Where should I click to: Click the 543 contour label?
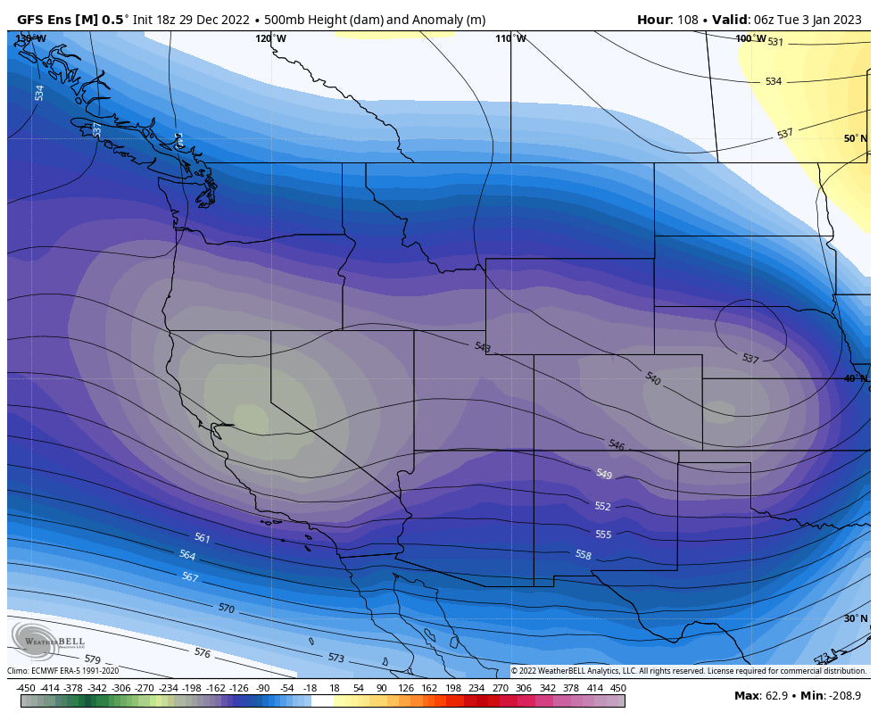(x=483, y=346)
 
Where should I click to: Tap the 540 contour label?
(x=653, y=378)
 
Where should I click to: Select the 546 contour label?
(x=616, y=444)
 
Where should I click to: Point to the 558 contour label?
(x=583, y=554)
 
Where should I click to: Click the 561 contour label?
(x=203, y=538)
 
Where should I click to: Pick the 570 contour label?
(x=226, y=608)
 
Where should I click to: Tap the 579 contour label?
(x=93, y=659)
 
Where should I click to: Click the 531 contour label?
(x=774, y=42)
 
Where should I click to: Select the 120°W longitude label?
(x=270, y=38)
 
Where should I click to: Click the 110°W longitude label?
(x=510, y=38)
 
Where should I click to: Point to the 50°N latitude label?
(x=854, y=138)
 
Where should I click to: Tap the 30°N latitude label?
(x=854, y=618)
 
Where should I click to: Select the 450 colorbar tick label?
(x=617, y=688)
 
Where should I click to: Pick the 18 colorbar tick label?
(x=335, y=688)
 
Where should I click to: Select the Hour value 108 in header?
(x=688, y=20)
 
